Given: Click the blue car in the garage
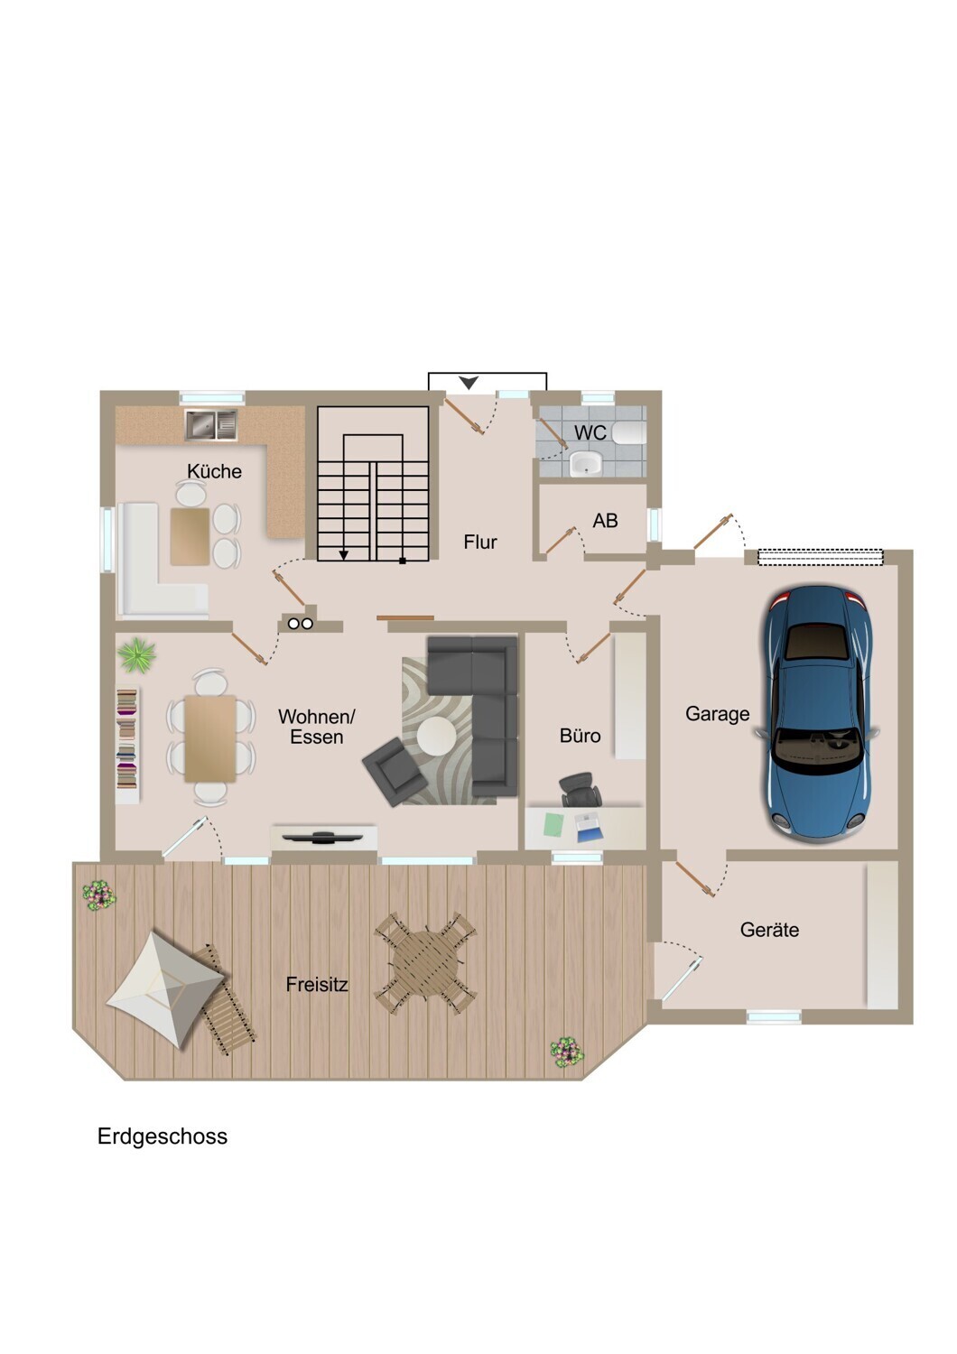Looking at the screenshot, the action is click(816, 714).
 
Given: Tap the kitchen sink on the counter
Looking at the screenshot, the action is click(211, 424).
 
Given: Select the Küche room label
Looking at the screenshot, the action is click(214, 471).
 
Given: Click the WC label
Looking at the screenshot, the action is click(590, 432).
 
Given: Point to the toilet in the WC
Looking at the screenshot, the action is click(628, 432).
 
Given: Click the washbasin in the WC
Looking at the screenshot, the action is click(585, 464).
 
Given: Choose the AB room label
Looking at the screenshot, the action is click(605, 521).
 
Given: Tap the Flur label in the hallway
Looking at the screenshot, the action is click(480, 542).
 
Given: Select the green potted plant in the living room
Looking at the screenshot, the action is click(137, 655).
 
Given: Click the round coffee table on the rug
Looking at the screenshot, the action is click(436, 736).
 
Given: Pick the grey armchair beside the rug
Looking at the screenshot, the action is click(394, 771).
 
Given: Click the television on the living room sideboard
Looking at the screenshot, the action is click(323, 837).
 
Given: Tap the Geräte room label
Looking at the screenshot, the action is click(769, 929).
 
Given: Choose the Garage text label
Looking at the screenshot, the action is click(717, 714).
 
